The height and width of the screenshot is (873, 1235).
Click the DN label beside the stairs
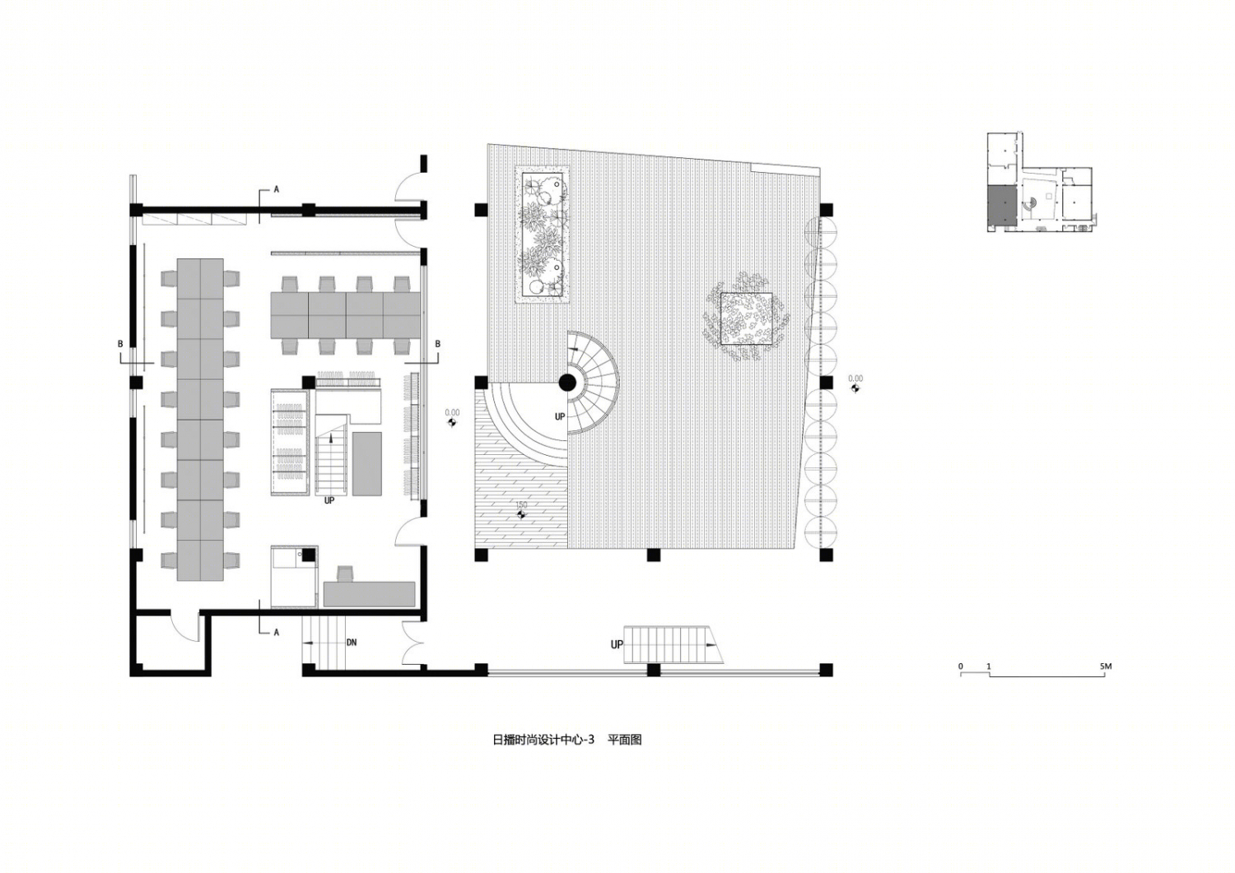[352, 642]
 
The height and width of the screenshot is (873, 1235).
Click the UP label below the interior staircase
[329, 501]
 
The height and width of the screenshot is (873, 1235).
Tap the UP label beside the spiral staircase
[560, 416]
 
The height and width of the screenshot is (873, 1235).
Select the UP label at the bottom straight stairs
[617, 644]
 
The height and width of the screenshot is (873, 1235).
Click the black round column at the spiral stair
[567, 382]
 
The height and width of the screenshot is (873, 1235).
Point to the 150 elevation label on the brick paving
[521, 505]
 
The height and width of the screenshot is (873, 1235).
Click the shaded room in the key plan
[1001, 206]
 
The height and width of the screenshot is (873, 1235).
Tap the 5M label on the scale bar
[1106, 666]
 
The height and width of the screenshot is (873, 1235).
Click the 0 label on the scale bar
[961, 666]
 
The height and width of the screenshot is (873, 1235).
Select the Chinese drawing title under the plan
[566, 740]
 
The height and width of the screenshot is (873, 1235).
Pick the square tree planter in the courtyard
[747, 318]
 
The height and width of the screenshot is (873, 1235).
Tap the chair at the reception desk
[345, 573]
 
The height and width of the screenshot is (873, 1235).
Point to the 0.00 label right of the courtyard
[855, 378]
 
